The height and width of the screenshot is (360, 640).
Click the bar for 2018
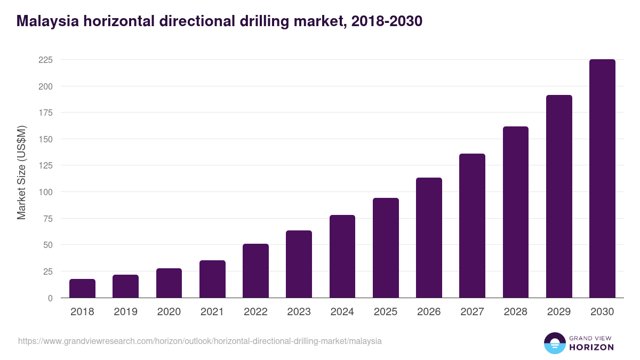point(82,289)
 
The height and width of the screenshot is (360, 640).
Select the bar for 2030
point(602,179)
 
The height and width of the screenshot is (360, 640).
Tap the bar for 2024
point(342,257)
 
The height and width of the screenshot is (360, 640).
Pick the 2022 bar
point(255,271)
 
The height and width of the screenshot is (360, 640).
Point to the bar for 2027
point(472,226)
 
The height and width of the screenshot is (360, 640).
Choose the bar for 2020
point(169,283)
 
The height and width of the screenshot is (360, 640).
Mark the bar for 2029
point(559,196)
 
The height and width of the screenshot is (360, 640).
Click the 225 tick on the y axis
point(45,60)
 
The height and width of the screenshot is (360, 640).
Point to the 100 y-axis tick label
point(45,192)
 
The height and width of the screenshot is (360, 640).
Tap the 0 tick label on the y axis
point(50,298)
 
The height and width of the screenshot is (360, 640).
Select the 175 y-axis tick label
point(45,113)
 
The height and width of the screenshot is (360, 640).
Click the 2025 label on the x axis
point(386,312)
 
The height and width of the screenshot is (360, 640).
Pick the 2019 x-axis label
point(125,312)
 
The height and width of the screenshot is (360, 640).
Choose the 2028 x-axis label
point(516,312)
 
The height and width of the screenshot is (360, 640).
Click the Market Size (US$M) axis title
point(21,173)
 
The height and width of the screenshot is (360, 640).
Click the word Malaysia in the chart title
point(47,21)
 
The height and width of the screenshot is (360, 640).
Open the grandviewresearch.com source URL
point(200,341)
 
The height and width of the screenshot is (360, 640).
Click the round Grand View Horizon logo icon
point(555,343)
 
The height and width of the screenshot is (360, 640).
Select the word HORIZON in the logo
point(591,347)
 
